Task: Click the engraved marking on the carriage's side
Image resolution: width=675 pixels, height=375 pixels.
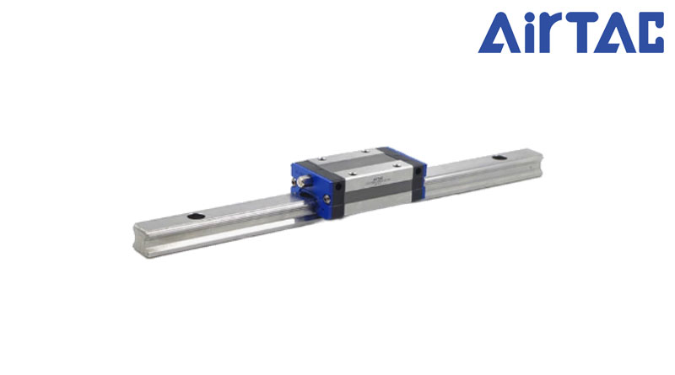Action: point(377,180)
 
